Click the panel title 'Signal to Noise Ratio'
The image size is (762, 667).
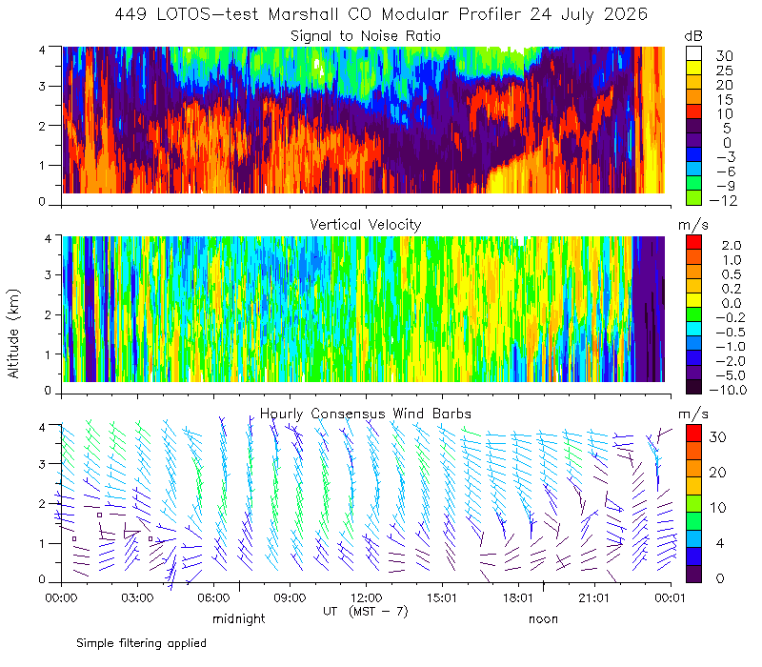(366, 36)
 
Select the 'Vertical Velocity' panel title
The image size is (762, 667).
(366, 225)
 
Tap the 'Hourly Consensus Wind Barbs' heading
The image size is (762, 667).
(366, 414)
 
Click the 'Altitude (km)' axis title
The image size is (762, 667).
(13, 333)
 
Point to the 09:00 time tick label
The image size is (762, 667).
(290, 597)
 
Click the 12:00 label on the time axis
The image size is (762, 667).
(366, 597)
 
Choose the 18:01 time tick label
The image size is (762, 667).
(518, 597)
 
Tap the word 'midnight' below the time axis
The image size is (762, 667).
(239, 618)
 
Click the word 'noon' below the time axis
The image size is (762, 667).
(543, 619)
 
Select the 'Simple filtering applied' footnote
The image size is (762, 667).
(141, 644)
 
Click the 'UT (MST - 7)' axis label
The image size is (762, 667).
(366, 612)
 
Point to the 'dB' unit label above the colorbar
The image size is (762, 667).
(693, 36)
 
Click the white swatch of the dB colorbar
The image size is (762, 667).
(693, 53)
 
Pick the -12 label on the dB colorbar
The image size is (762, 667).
(723, 200)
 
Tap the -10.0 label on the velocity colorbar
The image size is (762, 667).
(728, 390)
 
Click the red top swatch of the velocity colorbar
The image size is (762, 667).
(693, 242)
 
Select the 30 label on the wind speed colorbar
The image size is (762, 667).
(717, 437)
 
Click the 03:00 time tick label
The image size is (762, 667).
(137, 597)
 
